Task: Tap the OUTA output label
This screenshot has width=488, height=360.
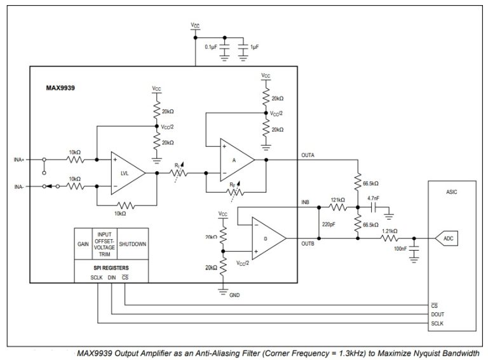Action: (307, 155)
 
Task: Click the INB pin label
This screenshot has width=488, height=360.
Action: (305, 202)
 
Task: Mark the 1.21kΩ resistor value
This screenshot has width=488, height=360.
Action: (390, 231)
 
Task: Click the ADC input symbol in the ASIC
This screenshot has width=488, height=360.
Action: (447, 239)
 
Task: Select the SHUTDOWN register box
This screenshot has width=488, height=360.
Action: (132, 242)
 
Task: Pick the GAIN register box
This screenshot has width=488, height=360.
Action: (83, 242)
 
